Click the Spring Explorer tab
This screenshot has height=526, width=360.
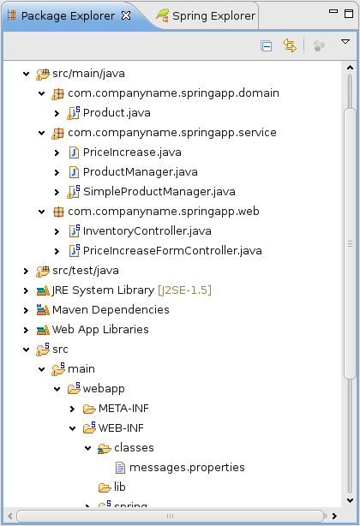[x=206, y=15]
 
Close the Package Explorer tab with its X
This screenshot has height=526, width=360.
[x=126, y=15]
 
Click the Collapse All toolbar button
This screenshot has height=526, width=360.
[x=267, y=45]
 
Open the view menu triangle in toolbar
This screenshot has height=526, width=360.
[x=345, y=42]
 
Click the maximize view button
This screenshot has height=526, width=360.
[x=349, y=14]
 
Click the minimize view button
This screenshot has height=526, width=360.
[x=333, y=11]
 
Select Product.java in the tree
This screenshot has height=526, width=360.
[x=117, y=113]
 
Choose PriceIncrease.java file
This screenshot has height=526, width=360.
[x=132, y=152]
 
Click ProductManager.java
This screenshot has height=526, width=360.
[x=141, y=172]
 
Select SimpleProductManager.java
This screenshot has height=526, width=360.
[x=159, y=192]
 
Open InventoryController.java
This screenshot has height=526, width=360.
[x=147, y=231]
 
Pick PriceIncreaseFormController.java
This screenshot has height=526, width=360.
[x=172, y=251]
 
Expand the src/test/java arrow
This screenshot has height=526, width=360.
[x=27, y=271]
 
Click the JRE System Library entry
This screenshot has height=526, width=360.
[x=131, y=290]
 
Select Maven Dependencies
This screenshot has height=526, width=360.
[x=111, y=310]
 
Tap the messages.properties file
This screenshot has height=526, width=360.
[x=187, y=468]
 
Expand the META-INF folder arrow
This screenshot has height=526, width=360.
[x=72, y=409]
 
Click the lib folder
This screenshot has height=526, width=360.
[x=119, y=487]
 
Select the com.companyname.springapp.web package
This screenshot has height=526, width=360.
[x=164, y=212]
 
